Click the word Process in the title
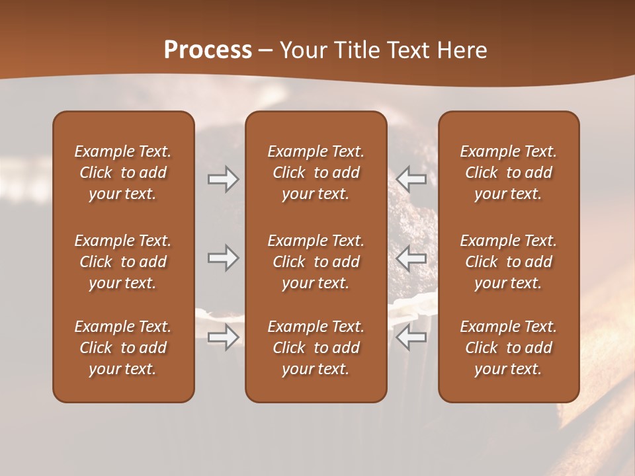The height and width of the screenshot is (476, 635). pyautogui.click(x=208, y=50)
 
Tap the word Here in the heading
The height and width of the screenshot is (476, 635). pyautogui.click(x=460, y=50)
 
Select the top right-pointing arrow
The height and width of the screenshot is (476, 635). pyautogui.click(x=224, y=179)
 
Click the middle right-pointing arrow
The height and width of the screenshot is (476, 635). pyautogui.click(x=224, y=258)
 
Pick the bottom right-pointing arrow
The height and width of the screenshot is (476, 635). pyautogui.click(x=224, y=337)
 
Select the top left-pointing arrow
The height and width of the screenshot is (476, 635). pyautogui.click(x=411, y=179)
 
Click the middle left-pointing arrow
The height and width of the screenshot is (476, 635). pyautogui.click(x=411, y=258)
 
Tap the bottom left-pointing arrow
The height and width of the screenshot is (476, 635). pyautogui.click(x=411, y=337)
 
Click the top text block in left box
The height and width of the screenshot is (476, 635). pyautogui.click(x=123, y=173)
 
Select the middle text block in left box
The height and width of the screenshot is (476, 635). pyautogui.click(x=123, y=262)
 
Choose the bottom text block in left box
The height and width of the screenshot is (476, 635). pyautogui.click(x=123, y=348)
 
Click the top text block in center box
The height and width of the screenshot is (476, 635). pyautogui.click(x=316, y=173)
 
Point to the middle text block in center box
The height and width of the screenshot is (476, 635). pyautogui.click(x=316, y=262)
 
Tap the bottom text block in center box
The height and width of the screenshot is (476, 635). pyautogui.click(x=316, y=348)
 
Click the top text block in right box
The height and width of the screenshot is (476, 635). pyautogui.click(x=509, y=173)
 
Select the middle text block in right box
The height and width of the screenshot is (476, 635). pyautogui.click(x=509, y=262)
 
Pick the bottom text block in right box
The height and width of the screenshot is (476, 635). pyautogui.click(x=509, y=348)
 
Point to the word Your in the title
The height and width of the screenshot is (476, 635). pyautogui.click(x=302, y=50)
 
